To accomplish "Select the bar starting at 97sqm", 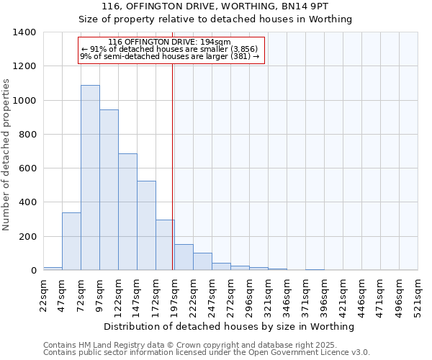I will (x=109, y=190).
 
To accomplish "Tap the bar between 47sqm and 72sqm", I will (x=71, y=241).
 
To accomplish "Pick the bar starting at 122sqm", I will (x=127, y=212).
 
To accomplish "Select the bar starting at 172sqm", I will (x=165, y=245).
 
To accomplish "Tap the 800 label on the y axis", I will (x=27, y=135).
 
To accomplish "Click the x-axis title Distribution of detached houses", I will (x=230, y=327).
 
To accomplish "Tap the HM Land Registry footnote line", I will (x=205, y=345).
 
